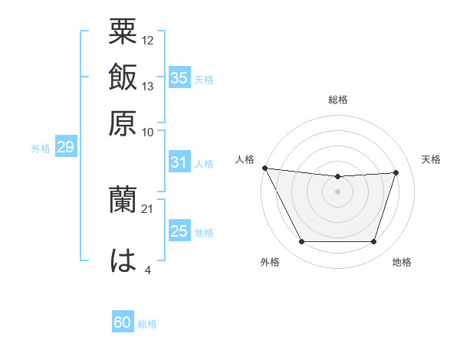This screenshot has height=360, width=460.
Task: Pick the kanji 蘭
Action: coord(123,201)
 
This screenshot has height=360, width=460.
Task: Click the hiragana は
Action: coord(123,260)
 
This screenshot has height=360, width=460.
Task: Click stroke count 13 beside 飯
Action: coord(148,86)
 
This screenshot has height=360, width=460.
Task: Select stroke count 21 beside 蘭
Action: coord(148,208)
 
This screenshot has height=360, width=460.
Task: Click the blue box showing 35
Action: coord(179,77)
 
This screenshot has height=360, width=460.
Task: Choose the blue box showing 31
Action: coord(179,162)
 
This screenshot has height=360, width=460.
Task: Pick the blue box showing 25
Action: coord(179,231)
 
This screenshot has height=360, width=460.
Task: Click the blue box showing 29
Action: coord(65,148)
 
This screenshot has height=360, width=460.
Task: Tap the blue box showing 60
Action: coord(123,322)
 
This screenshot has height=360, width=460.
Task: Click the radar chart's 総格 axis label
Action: coord(337,100)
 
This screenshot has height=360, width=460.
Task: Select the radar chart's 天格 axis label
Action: coord(431,159)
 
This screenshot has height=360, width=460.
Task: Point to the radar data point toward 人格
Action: coord(264,168)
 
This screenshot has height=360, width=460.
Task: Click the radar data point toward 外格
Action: coord(301,242)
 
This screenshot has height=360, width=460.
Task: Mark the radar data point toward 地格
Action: coord(374,242)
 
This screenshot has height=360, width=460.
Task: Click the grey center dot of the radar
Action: coord(337,191)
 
